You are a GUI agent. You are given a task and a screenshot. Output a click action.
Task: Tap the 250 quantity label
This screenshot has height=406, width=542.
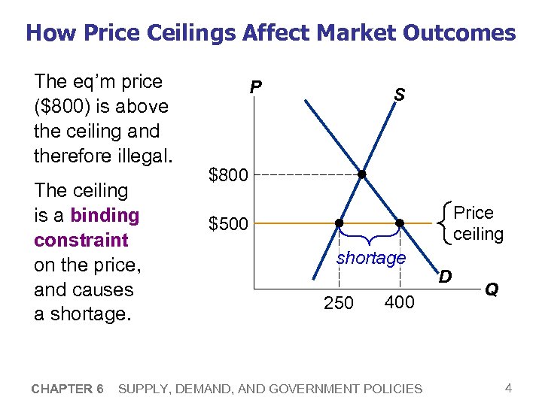tap(338, 304)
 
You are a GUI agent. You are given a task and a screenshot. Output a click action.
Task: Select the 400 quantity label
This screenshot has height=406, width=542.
tap(398, 302)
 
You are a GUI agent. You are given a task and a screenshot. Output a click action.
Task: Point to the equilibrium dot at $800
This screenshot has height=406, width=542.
tap(362, 174)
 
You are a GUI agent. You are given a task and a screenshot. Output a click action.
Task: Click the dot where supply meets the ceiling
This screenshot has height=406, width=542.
tap(339, 223)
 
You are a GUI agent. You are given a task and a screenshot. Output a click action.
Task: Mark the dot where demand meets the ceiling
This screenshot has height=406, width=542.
tap(400, 223)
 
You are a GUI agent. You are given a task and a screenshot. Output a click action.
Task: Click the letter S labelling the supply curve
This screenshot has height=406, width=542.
tap(399, 95)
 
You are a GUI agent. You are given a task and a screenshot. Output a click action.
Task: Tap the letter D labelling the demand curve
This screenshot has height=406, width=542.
tap(446, 277)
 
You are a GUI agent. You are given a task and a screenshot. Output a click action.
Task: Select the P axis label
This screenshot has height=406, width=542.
tap(256, 89)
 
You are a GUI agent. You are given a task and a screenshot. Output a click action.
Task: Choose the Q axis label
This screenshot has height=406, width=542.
tap(492, 289)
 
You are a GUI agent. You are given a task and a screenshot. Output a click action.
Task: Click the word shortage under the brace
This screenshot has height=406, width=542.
tap(371, 258)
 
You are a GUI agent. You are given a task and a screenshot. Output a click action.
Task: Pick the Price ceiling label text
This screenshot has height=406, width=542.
tap(474, 223)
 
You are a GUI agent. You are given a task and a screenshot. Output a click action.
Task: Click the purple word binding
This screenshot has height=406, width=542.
tap(105, 216)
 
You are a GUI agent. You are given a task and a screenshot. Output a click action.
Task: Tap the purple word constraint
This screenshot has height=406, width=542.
tap(81, 241)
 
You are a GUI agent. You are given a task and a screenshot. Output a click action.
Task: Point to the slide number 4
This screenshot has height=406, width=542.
tap(509, 388)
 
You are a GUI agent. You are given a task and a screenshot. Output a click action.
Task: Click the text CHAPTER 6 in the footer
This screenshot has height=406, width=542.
tap(68, 389)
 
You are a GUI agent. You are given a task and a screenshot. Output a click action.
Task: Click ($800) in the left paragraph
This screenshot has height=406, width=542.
tap(65, 106)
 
